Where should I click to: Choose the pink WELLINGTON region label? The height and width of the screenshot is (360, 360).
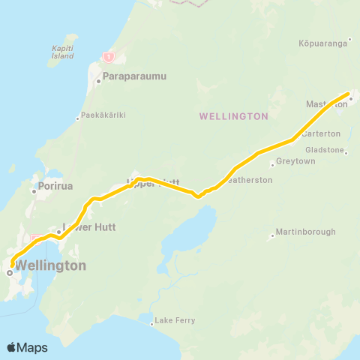coord(234,116)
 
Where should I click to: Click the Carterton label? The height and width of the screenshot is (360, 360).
coord(324,133)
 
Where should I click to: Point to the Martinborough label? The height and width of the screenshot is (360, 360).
coord(306,232)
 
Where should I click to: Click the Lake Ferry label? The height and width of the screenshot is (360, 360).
coord(177,321)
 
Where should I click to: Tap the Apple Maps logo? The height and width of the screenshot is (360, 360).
coord(27,347)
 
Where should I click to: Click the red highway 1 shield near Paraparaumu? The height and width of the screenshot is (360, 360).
coord(109,57)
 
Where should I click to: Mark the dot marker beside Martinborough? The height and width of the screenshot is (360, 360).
coord(272,235)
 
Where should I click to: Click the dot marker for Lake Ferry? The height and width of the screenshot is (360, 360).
coord(153,324)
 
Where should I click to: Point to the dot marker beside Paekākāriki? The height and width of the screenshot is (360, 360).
coord(78,117)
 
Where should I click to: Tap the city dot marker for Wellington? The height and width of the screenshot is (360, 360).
coord(9,273)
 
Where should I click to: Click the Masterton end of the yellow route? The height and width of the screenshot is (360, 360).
coord(349,94)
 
